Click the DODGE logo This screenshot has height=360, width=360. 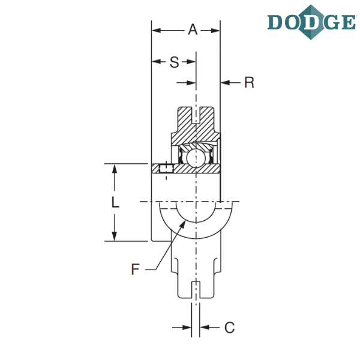click(x=311, y=22)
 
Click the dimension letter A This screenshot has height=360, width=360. click(x=193, y=29)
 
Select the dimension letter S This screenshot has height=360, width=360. click(x=174, y=62)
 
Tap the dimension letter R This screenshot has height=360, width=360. click(x=250, y=82)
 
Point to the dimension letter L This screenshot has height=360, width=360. click(x=115, y=203)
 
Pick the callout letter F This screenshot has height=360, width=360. click(x=136, y=269)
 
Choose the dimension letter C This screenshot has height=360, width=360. click(x=230, y=328)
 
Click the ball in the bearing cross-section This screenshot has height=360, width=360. click(x=196, y=158)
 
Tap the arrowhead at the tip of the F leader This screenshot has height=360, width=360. click(x=182, y=224)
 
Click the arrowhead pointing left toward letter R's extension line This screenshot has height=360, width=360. click(x=225, y=82)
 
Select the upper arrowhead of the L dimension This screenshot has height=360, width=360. click(x=115, y=169)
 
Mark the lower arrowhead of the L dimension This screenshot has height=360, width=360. click(x=115, y=236)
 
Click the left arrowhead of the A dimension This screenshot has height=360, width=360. click(x=157, y=31)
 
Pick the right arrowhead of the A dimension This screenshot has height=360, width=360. click(x=215, y=31)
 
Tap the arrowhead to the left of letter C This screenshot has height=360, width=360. click(x=187, y=328)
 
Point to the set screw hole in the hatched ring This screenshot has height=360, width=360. click(x=166, y=169)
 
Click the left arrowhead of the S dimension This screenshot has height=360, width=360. click(x=157, y=62)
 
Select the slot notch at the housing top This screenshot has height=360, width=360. click(x=196, y=115)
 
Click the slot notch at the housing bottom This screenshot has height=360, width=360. click(x=196, y=290)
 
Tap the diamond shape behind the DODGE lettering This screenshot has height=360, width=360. click(x=311, y=22)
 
